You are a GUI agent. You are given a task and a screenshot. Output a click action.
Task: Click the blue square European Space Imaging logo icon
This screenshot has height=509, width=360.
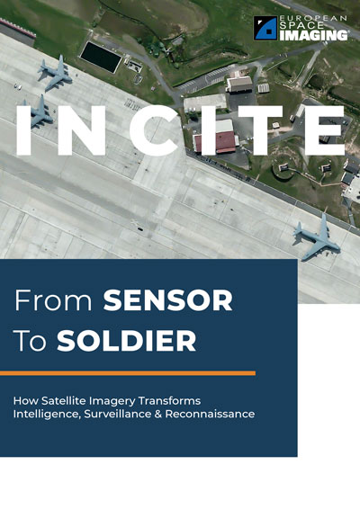tap(265, 28)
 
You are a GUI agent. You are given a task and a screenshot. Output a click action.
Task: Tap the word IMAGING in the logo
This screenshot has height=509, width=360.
tap(313, 35)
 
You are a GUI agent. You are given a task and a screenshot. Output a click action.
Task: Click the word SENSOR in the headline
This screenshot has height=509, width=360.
tap(167, 300)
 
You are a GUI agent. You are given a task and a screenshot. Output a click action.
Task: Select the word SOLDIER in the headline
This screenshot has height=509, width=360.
tap(127, 341)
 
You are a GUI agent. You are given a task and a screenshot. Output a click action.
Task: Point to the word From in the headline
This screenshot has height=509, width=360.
tap(54, 300)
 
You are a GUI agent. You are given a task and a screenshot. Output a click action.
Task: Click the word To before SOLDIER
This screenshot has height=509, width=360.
tap(31, 341)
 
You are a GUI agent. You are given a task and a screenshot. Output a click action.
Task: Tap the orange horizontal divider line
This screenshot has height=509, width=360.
tap(128, 373)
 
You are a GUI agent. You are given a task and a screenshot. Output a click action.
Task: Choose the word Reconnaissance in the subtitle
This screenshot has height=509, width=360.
tap(210, 414)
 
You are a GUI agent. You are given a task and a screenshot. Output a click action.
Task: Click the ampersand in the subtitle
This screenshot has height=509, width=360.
tap(157, 414)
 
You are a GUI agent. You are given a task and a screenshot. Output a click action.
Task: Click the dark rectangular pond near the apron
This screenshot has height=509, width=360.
tap(101, 58)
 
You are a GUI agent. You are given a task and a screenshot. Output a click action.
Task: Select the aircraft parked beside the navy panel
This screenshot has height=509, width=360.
tap(317, 237)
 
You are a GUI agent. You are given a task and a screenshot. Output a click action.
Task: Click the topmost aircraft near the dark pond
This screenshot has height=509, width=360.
tap(55, 73)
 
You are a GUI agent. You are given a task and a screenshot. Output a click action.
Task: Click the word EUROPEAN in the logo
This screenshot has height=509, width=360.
tap(314, 19)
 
